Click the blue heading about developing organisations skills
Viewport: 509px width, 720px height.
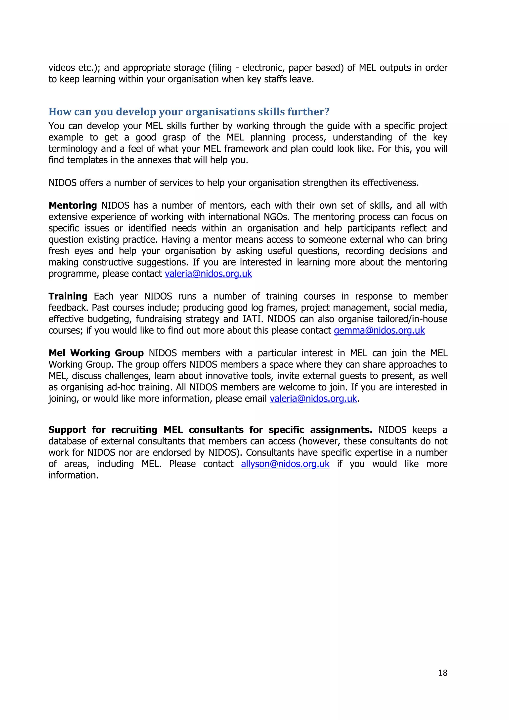[x=189, y=112]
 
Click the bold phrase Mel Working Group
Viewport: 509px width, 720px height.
[x=96, y=353]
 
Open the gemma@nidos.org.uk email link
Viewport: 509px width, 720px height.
[x=379, y=330]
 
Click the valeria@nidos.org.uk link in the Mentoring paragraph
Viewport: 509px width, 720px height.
[x=208, y=274]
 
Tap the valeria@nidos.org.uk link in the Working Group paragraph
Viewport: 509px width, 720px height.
[x=313, y=399]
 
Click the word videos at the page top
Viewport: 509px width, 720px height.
[x=62, y=68]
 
